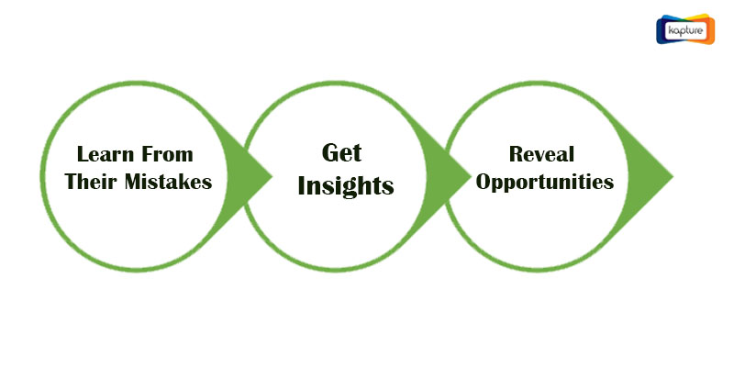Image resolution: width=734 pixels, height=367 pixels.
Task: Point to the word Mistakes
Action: (x=169, y=181)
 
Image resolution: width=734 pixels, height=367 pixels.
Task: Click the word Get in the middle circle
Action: (x=341, y=153)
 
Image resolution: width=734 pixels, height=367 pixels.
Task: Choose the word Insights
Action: (x=346, y=187)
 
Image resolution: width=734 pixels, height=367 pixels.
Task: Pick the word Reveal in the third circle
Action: (x=541, y=154)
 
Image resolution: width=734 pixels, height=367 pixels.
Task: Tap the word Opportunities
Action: (x=545, y=183)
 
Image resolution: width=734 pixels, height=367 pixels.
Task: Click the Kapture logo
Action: (x=685, y=29)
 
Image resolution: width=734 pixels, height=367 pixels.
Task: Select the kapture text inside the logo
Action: (x=685, y=30)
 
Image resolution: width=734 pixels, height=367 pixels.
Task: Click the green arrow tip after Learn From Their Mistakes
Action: (x=272, y=177)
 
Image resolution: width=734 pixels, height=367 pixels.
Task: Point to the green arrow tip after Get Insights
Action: (x=470, y=177)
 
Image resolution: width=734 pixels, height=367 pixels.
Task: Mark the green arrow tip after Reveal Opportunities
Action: (x=673, y=177)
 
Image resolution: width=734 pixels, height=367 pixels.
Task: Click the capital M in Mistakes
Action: (x=133, y=181)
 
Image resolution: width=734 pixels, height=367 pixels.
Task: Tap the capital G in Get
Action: (x=329, y=153)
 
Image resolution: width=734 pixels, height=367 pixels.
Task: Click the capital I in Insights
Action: (x=303, y=185)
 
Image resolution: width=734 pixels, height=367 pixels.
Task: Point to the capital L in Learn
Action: (x=83, y=154)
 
